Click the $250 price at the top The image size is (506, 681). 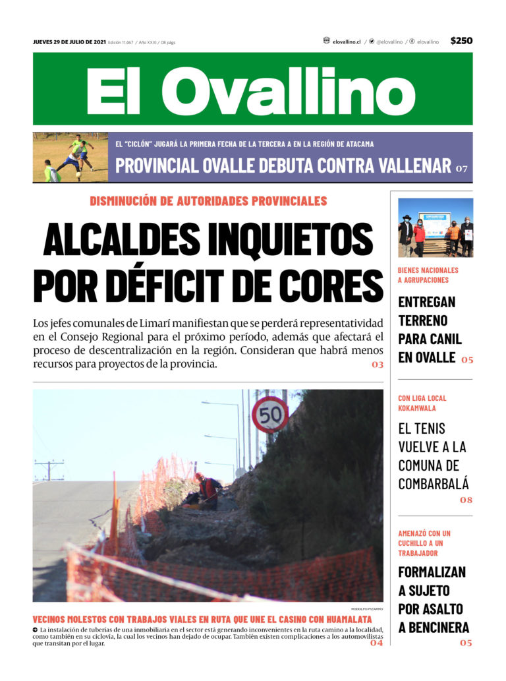[x=461, y=41]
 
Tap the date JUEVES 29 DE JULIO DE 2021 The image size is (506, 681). [x=69, y=42]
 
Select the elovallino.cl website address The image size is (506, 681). [x=346, y=42]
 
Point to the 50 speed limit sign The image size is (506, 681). [x=270, y=415]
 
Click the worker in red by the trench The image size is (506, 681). [x=206, y=489]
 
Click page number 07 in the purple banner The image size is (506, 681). [x=461, y=169]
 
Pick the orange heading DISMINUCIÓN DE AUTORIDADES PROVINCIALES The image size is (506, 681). [x=208, y=201]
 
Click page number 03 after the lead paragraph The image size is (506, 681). [x=377, y=364]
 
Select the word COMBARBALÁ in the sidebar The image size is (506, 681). [x=434, y=484]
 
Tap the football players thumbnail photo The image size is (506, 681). [x=70, y=157]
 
